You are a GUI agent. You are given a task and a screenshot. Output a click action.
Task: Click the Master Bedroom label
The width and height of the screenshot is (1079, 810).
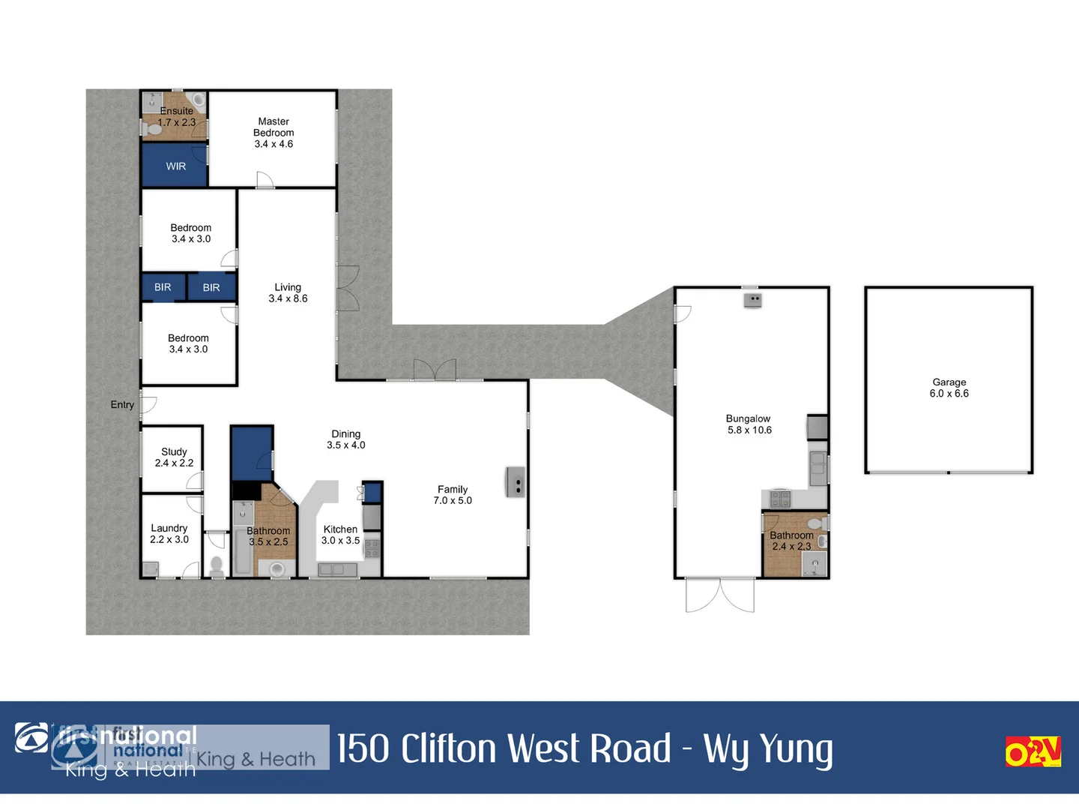273,133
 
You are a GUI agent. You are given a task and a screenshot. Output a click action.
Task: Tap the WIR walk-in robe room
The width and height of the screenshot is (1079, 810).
175,166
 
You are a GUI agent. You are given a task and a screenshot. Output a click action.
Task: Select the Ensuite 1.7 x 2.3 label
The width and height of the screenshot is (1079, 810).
177,117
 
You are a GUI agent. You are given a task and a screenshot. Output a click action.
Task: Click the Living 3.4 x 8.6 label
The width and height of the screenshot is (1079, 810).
288,292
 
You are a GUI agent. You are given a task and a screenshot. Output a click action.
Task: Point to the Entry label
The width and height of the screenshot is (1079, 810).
122,405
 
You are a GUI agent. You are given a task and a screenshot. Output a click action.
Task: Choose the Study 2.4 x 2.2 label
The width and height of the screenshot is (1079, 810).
174,457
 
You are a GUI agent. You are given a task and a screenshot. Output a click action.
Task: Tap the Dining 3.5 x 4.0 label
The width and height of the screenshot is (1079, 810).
345,439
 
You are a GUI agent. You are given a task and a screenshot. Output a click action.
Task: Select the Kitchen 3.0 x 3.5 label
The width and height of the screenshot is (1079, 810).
340,535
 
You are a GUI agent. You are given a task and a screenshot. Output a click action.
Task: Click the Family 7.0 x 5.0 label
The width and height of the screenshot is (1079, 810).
453,495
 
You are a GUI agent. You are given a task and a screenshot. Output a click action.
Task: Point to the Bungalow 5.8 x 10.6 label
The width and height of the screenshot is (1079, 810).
749,424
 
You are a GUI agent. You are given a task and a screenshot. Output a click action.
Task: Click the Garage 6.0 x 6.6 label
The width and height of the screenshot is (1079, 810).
949,388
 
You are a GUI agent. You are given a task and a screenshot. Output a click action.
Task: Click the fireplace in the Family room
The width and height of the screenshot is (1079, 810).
516,482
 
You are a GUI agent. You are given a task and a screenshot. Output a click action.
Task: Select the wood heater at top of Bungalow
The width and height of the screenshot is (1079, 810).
752,300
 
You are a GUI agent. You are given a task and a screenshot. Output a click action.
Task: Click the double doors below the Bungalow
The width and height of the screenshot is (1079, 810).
720,595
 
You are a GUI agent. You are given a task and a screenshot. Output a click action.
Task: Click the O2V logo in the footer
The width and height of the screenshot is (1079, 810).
1033,751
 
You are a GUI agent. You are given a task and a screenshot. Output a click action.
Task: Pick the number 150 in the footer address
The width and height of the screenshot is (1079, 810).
363,748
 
